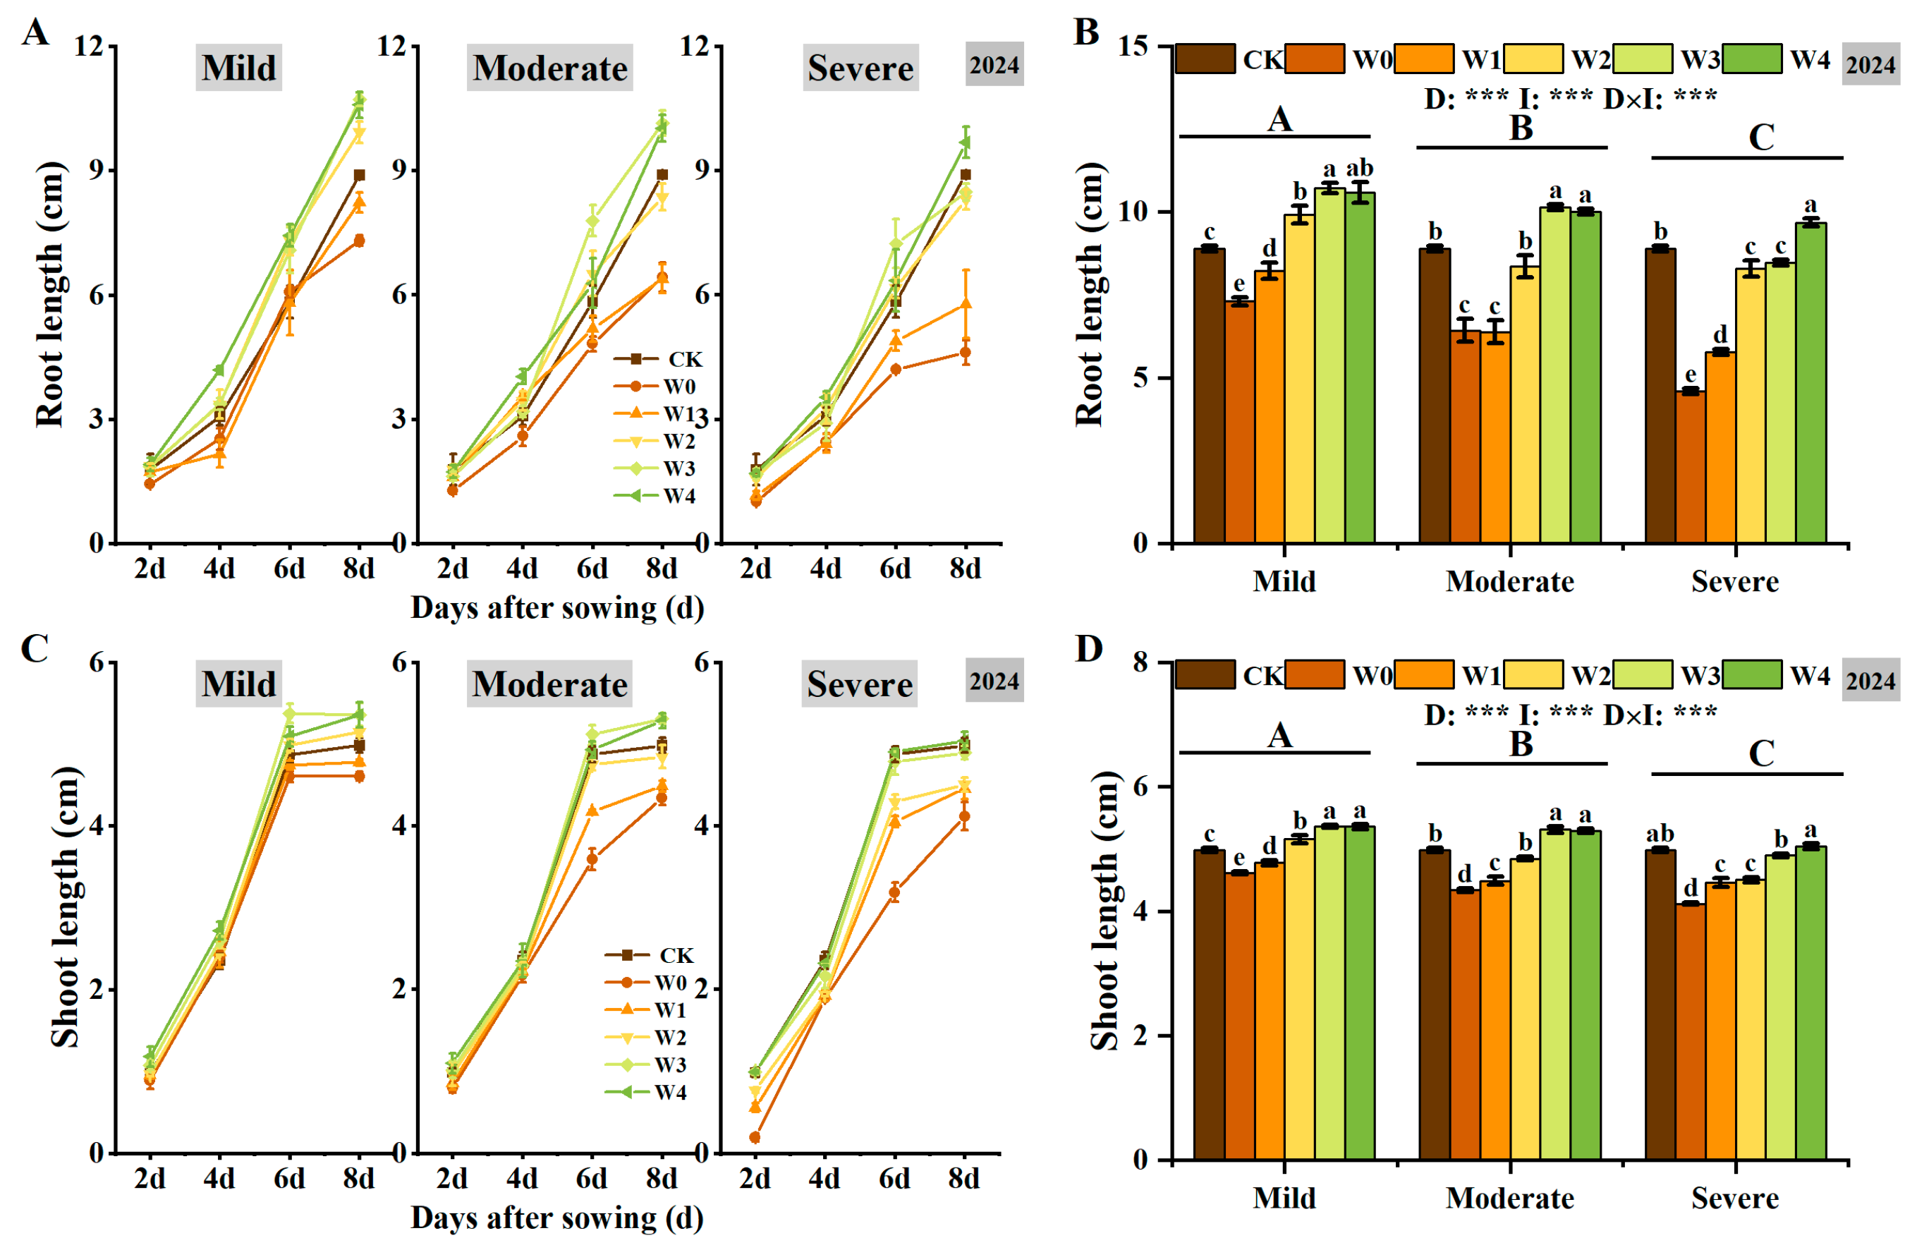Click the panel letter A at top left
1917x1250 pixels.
click(x=35, y=33)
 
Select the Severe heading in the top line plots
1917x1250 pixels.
click(x=860, y=68)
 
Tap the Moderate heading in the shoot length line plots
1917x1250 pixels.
click(x=549, y=684)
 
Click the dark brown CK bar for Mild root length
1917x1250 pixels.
click(x=1209, y=396)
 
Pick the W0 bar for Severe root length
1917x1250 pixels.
click(x=1690, y=467)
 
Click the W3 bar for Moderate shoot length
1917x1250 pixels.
click(x=1555, y=995)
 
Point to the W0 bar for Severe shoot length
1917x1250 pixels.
click(x=1690, y=1032)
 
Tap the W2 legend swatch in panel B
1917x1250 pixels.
click(x=1533, y=59)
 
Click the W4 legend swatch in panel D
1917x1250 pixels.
click(x=1752, y=675)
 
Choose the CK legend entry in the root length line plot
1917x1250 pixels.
click(x=657, y=359)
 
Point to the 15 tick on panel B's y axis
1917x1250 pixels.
click(x=1135, y=46)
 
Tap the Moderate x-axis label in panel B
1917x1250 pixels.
click(x=1509, y=581)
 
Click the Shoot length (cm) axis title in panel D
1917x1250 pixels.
click(x=1104, y=910)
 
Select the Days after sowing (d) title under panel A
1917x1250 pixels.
click(x=557, y=608)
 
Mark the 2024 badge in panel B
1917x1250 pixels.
click(x=1870, y=64)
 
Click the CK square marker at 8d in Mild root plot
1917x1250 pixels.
click(x=359, y=175)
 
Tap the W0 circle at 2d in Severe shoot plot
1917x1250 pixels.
click(x=755, y=1137)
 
